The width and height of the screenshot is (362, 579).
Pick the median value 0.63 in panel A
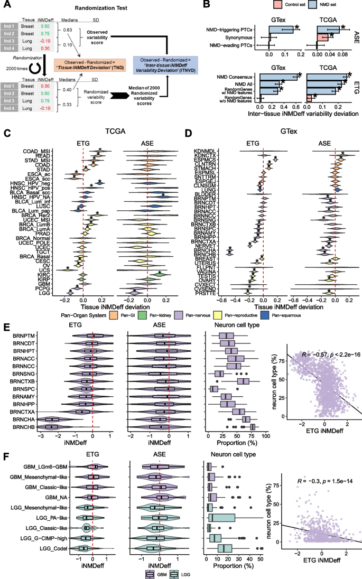(x=69, y=29)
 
